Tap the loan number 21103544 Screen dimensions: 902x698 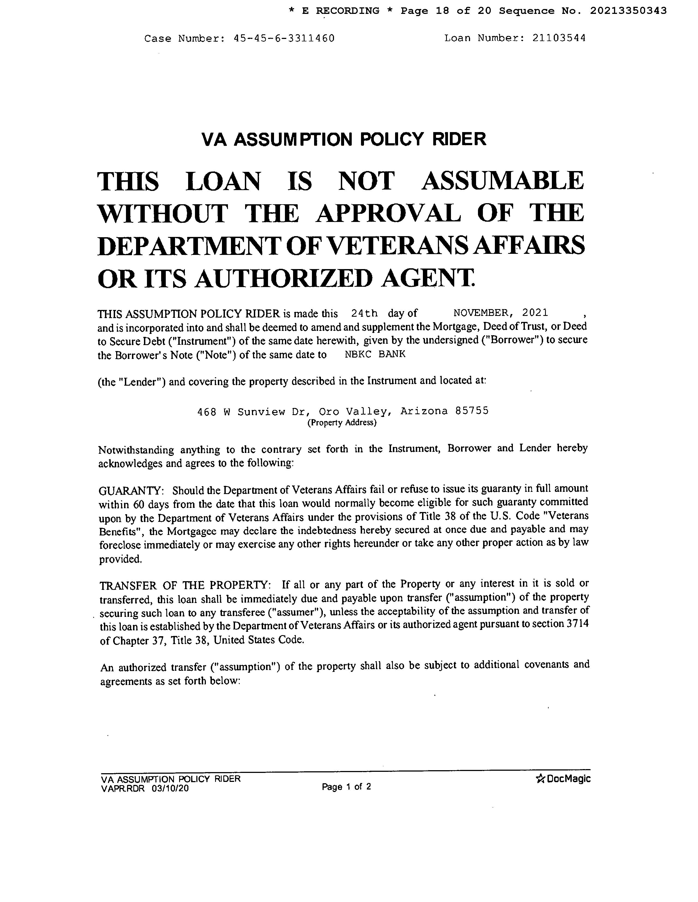(x=559, y=38)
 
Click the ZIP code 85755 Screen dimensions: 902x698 (x=471, y=411)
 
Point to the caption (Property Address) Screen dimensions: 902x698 (x=342, y=423)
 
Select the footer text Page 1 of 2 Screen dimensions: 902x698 (x=346, y=787)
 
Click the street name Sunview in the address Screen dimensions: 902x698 (x=261, y=412)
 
